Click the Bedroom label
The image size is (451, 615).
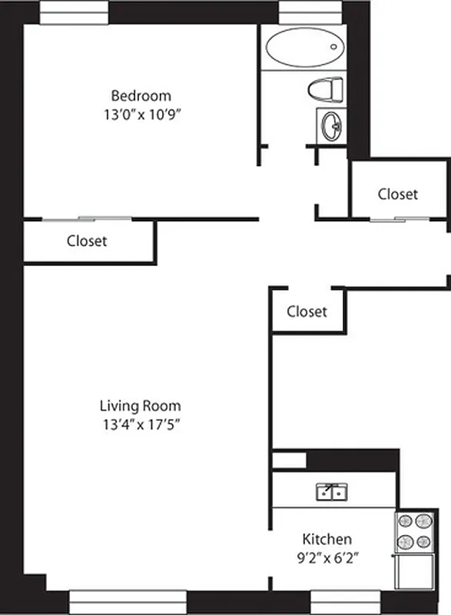[141, 96]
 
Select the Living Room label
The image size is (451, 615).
[141, 406]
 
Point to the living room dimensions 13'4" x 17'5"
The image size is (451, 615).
[141, 424]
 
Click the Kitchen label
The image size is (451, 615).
[327, 539]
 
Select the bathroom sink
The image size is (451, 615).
[332, 125]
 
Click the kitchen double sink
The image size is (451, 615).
[332, 491]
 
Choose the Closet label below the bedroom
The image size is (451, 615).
[87, 241]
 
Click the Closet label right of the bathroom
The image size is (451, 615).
[397, 194]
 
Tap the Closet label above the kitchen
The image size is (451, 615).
[307, 311]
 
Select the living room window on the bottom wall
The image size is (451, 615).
[128, 601]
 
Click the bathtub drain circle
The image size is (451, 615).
[333, 46]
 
